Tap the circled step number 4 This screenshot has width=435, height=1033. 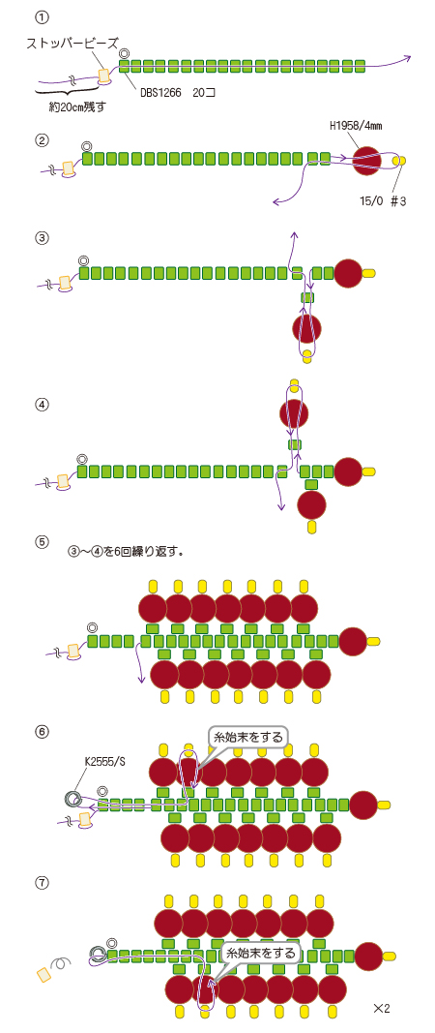coord(43,406)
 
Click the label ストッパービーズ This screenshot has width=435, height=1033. coord(72,45)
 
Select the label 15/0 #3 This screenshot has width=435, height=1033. coord(385,201)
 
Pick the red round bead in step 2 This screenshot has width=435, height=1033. coord(367,160)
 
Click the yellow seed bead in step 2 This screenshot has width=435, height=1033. coord(399,160)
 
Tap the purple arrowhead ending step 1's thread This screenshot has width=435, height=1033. coord(408,57)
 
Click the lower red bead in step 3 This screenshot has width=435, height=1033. coord(306,327)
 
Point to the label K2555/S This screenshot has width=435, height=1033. coord(105,761)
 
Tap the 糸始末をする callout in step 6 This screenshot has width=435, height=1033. coord(248,737)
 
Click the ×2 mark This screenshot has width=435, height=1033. coord(382,1008)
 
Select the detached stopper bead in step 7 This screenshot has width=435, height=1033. coord(44,974)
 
